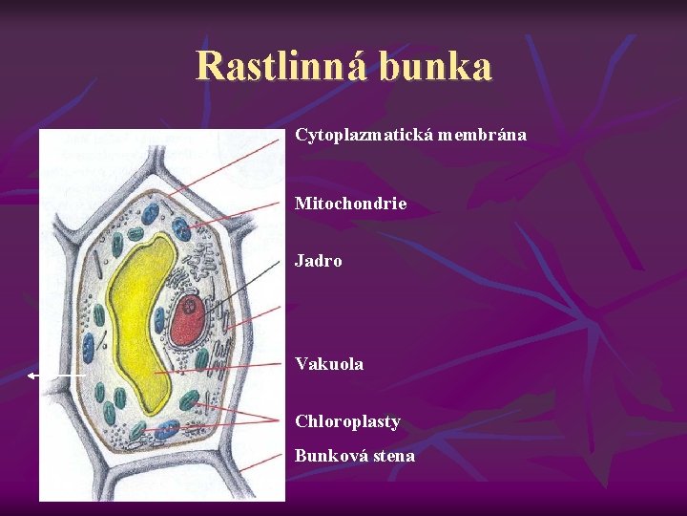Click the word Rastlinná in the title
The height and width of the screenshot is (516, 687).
point(281,67)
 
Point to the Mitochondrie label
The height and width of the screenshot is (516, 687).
point(350,204)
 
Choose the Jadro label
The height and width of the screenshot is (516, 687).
point(318,261)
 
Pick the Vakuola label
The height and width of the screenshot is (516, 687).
point(329,364)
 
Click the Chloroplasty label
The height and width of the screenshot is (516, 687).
point(347,421)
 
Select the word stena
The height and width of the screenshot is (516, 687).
point(395,456)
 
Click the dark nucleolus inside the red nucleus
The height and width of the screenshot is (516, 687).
point(191,307)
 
